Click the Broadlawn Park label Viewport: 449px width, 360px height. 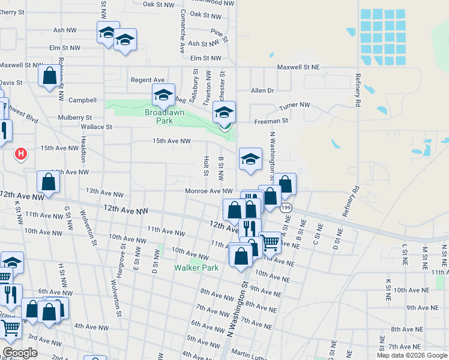tap(159, 116)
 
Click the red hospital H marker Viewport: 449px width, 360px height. tap(21, 155)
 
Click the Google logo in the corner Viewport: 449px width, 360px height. tap(20, 353)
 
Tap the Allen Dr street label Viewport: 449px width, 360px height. tap(262, 91)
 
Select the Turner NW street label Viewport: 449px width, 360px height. tap(295, 106)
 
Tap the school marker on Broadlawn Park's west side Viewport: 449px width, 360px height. tap(163, 95)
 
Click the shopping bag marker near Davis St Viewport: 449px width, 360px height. tap(50, 77)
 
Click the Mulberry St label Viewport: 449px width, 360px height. tap(74, 118)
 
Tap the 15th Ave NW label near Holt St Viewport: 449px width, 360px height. tap(171, 141)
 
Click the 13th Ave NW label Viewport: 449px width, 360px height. tap(100, 191)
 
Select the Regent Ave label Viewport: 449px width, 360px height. tap(148, 80)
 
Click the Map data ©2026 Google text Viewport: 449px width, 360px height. tap(412, 355)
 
